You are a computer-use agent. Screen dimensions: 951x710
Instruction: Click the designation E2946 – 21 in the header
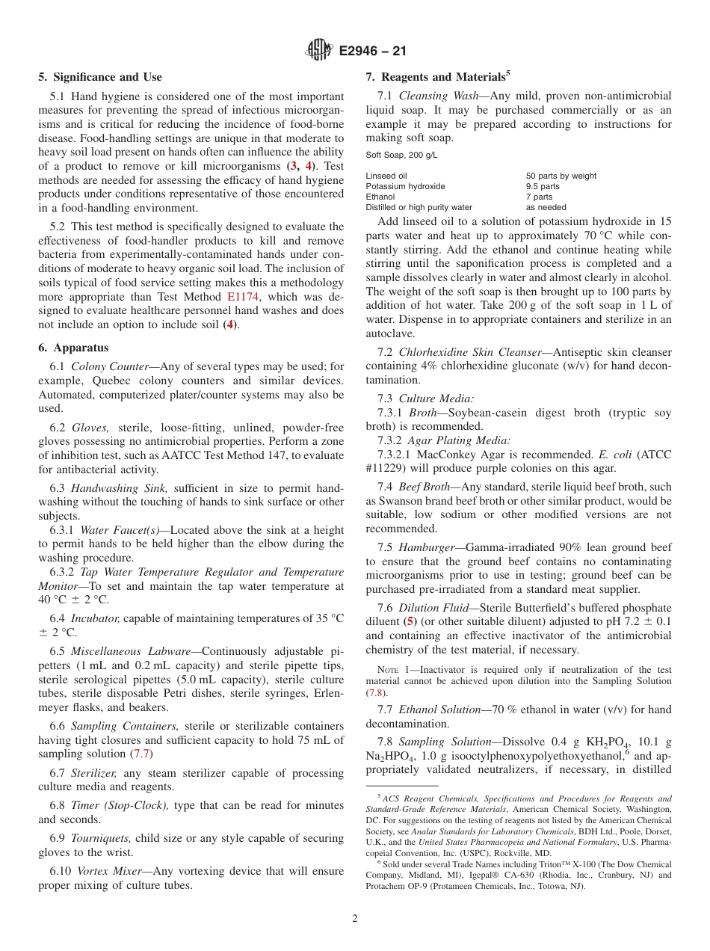[x=372, y=52]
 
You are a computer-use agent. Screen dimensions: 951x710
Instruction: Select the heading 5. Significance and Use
[x=100, y=77]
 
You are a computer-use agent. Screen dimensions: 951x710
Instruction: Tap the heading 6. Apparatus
[x=73, y=348]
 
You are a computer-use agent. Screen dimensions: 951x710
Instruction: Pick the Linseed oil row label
[x=386, y=176]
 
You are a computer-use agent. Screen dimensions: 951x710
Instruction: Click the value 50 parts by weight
[x=561, y=176]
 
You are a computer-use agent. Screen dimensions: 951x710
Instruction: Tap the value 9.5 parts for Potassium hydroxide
[x=543, y=186]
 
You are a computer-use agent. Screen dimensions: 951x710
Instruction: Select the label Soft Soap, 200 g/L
[x=401, y=156]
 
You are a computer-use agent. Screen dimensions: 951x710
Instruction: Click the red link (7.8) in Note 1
[x=377, y=693]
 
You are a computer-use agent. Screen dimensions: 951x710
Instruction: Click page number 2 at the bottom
[x=355, y=919]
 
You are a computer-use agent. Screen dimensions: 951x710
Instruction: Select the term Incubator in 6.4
[x=95, y=618]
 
